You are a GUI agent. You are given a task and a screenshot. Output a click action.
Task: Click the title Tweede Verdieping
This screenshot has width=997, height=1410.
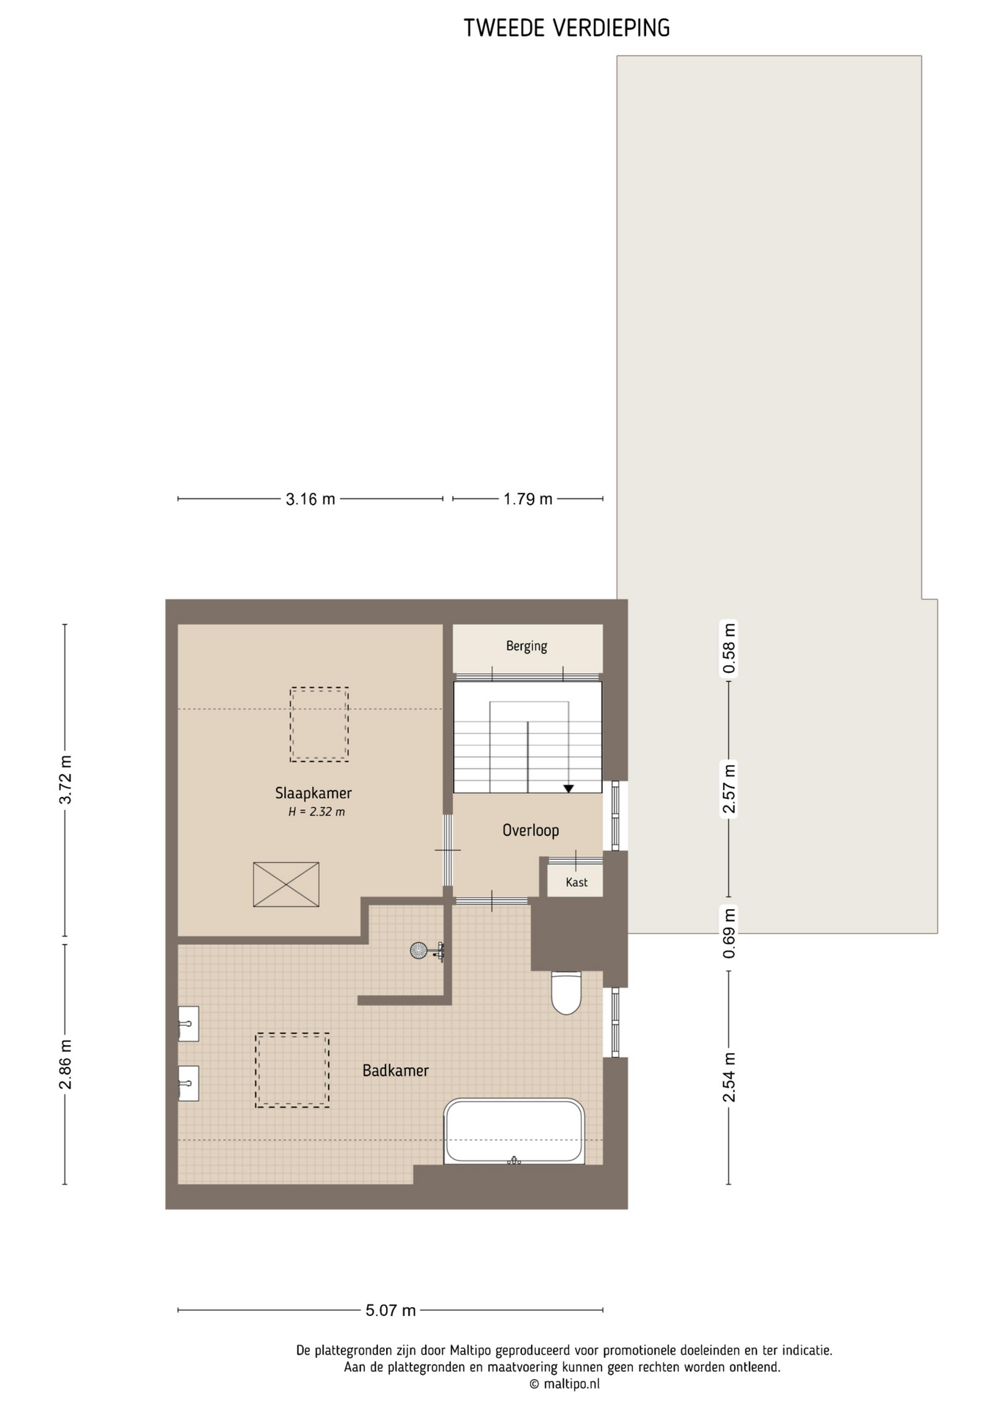pyautogui.click(x=567, y=28)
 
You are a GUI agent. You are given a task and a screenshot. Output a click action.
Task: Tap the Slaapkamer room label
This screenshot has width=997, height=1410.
pyautogui.click(x=313, y=793)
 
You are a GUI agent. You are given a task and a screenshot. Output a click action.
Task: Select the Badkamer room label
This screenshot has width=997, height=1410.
pyautogui.click(x=396, y=1071)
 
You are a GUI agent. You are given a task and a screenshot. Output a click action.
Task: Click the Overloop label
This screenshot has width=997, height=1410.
pyautogui.click(x=531, y=831)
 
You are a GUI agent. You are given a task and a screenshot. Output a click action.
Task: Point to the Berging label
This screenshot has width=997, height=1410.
pyautogui.click(x=526, y=646)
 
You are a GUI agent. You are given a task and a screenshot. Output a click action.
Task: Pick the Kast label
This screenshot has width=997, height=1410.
pyautogui.click(x=576, y=882)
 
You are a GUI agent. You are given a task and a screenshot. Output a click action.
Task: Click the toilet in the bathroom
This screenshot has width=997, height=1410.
pyautogui.click(x=566, y=993)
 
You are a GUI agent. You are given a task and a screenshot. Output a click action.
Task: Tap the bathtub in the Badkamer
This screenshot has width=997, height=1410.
pyautogui.click(x=514, y=1132)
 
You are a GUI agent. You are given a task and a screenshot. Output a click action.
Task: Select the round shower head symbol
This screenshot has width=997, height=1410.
pyautogui.click(x=418, y=950)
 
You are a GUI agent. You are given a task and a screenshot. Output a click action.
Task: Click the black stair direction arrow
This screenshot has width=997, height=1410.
pyautogui.click(x=568, y=789)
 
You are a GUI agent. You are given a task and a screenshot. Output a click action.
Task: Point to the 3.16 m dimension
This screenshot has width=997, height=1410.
pyautogui.click(x=311, y=499)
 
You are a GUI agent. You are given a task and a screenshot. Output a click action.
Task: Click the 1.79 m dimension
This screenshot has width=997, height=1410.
pyautogui.click(x=528, y=499)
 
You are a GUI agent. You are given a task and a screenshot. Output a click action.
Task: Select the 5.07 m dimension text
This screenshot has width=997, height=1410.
pyautogui.click(x=391, y=1310)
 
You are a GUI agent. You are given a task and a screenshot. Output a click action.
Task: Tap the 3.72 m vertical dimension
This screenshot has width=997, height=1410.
pyautogui.click(x=65, y=780)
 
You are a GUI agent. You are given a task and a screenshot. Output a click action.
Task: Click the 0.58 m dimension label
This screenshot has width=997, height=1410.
pyautogui.click(x=729, y=648)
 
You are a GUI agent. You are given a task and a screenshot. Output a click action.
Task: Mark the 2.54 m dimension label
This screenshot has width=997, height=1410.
pyautogui.click(x=729, y=1077)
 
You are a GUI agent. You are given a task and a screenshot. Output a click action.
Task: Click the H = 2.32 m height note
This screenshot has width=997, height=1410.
pyautogui.click(x=316, y=812)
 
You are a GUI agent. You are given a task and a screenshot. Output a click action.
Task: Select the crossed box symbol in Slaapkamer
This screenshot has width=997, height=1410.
pyautogui.click(x=286, y=884)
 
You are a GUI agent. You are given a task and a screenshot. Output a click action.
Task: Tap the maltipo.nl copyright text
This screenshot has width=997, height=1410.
pyautogui.click(x=565, y=1384)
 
